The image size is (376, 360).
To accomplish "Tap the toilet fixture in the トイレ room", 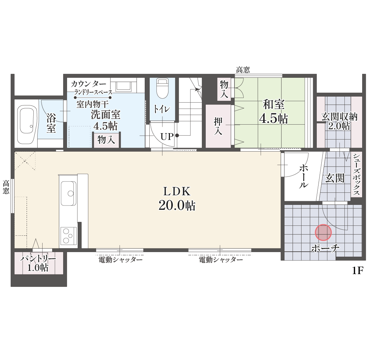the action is coord(162,88).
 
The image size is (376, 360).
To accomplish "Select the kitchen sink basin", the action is coord(68,193).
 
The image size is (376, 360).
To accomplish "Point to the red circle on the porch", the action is coord(323,232).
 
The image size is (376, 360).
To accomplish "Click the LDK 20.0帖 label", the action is coord(177,198).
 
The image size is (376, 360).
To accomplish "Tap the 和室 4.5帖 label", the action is coord(273,111).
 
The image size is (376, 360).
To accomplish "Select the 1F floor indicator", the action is coord(358,271).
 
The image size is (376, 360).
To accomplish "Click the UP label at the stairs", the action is coord(167,137).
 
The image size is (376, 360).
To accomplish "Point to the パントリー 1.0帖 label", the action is coord(38,263).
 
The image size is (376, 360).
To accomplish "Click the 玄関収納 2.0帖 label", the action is coord(339,121).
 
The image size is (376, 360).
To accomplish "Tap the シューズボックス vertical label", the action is coord(356,174).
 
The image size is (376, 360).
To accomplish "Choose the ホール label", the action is coord(304,176).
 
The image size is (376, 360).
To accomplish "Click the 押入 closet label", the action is coord(218,126).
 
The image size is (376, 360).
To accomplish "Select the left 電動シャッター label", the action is coord(121,260).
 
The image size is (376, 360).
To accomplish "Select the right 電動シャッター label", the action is coord(221,260).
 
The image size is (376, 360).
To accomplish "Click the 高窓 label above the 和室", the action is coord(243,70).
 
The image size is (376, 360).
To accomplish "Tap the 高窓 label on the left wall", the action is coord(6,187).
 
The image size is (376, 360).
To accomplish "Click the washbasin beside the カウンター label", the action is coord(123,86).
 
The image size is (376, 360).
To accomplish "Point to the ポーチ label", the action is coord(325,248).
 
